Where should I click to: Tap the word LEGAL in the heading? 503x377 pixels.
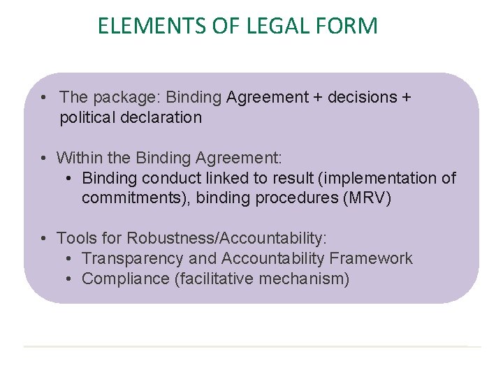tap(268, 26)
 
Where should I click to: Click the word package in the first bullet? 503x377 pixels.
tap(120, 97)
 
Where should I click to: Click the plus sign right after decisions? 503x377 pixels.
tap(406, 97)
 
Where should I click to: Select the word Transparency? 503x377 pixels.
tap(133, 258)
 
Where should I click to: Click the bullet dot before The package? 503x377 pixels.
tap(43, 97)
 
